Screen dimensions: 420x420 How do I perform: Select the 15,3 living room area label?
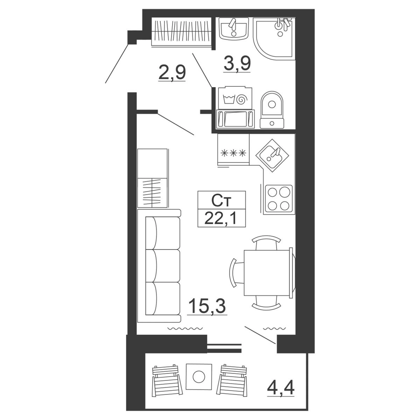click(x=207, y=306)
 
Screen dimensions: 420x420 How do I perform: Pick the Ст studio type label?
click(x=221, y=201)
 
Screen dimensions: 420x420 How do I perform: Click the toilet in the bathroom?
click(x=272, y=110)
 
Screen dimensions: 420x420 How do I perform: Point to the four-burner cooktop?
click(x=279, y=198)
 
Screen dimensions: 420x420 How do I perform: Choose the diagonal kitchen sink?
click(x=272, y=155)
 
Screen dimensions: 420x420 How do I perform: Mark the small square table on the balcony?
click(x=199, y=377)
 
